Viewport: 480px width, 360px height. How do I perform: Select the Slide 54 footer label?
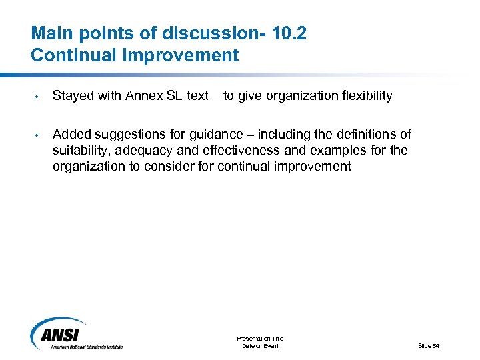point(429,345)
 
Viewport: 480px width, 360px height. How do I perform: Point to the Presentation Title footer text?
point(260,339)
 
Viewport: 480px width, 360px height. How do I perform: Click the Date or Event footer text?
point(260,346)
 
